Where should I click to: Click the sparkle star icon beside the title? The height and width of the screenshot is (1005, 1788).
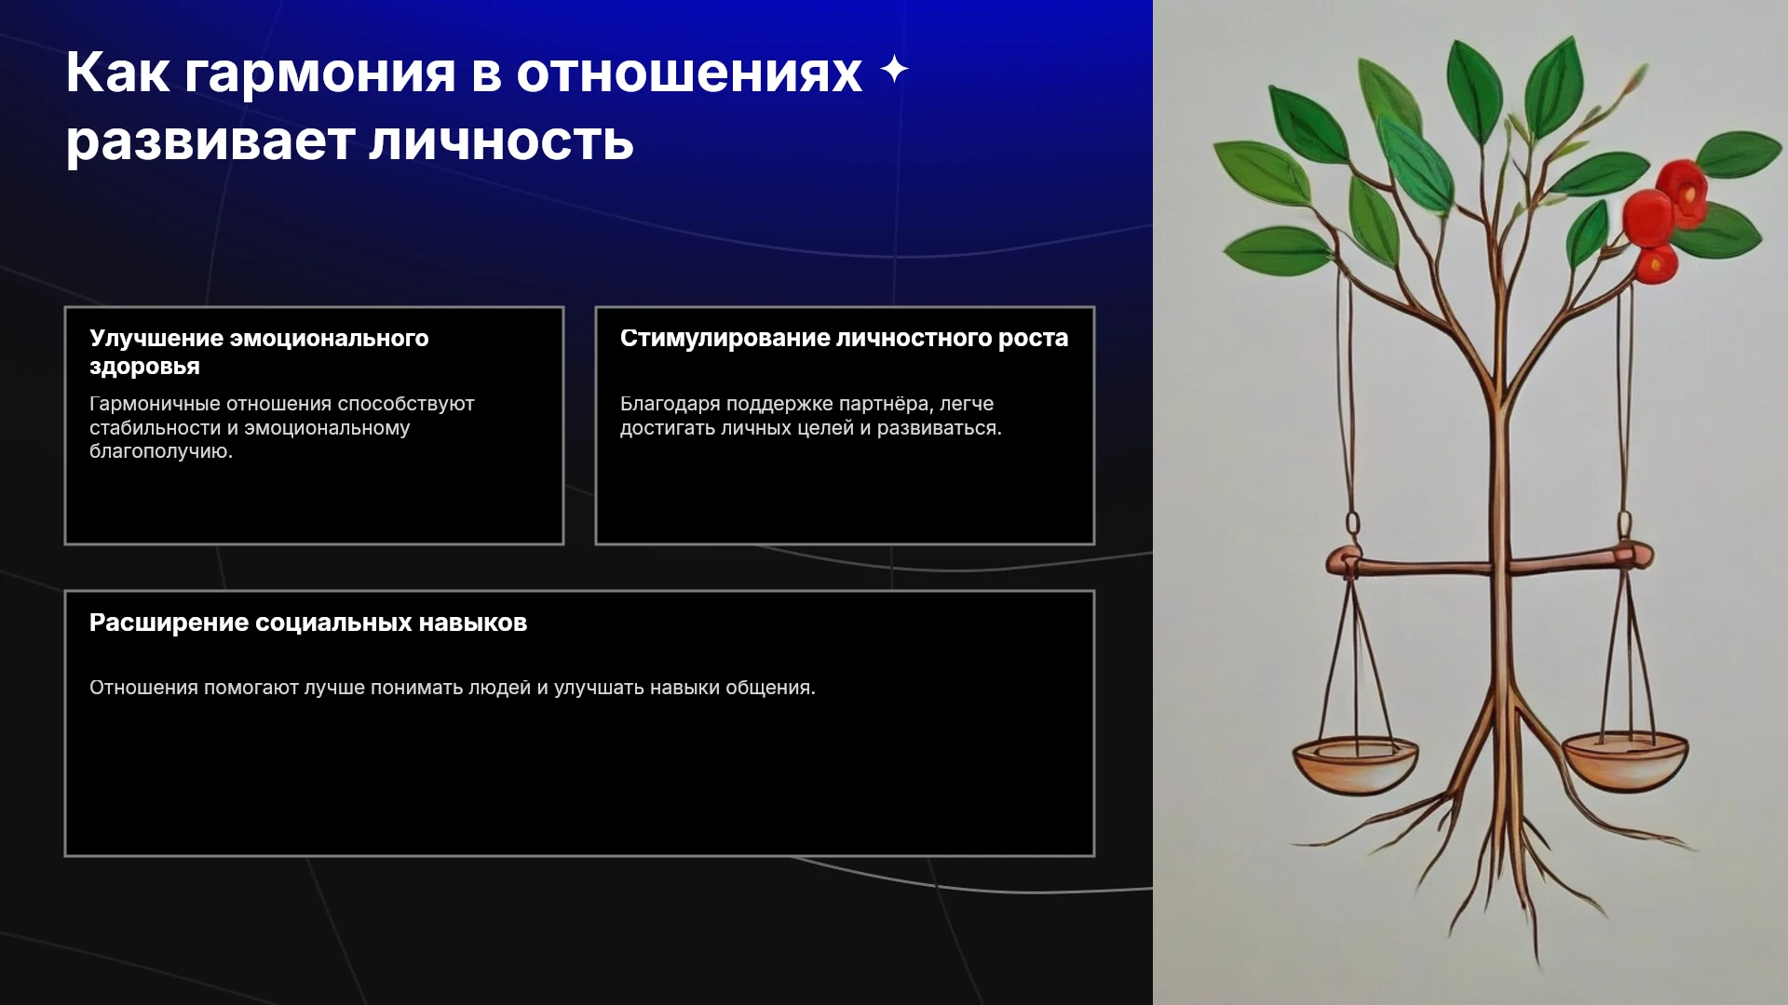894,70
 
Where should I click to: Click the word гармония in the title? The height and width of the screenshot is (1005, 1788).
320,74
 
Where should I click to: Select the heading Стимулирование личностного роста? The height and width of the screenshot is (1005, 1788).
844,338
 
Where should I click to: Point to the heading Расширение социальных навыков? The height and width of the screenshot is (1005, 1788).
308,623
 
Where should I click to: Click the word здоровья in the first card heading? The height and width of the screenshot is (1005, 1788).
144,367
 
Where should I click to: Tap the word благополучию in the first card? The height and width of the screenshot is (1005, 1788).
161,451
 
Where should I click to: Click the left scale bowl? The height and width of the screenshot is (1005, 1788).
1355,764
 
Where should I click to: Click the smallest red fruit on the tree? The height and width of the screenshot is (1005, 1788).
1656,265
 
